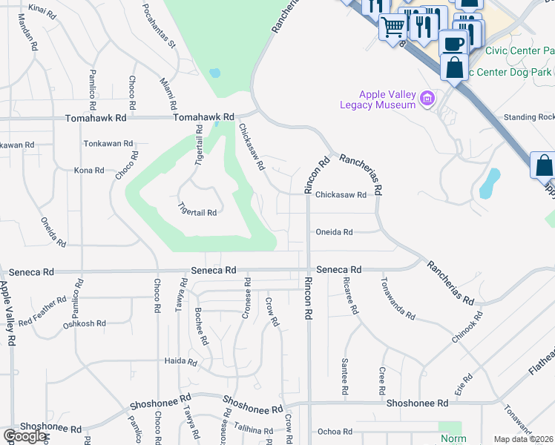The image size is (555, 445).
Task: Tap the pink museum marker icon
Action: click(427, 98)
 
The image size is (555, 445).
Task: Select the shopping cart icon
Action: click(393, 27)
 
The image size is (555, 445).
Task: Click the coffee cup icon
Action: click(453, 42)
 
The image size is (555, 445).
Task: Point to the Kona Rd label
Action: click(89, 171)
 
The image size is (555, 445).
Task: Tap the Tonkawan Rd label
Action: click(108, 144)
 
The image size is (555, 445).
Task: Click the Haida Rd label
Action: click(181, 363)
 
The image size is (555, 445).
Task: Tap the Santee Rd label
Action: click(345, 376)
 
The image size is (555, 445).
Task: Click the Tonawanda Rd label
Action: click(398, 299)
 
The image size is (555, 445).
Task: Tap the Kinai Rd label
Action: click(42, 10)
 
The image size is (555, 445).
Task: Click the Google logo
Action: click(24, 437)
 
